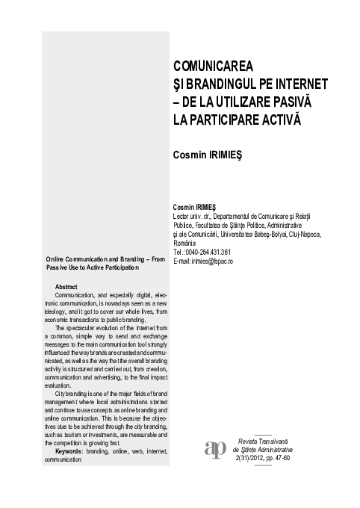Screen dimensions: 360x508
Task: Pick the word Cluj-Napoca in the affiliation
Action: (x=302, y=235)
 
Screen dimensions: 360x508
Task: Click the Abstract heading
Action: (x=66, y=287)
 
